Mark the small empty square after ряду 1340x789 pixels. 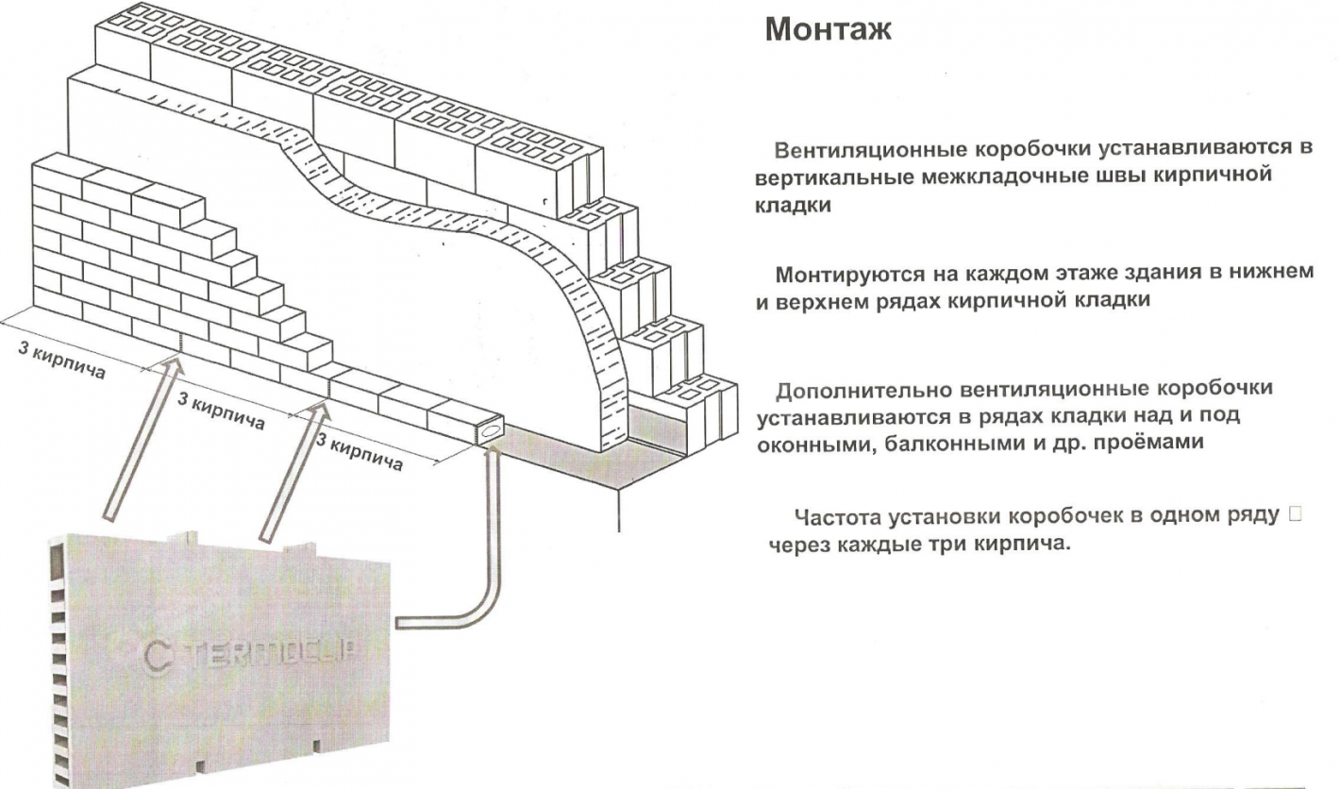coord(1293,516)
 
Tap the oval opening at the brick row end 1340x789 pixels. coord(491,430)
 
